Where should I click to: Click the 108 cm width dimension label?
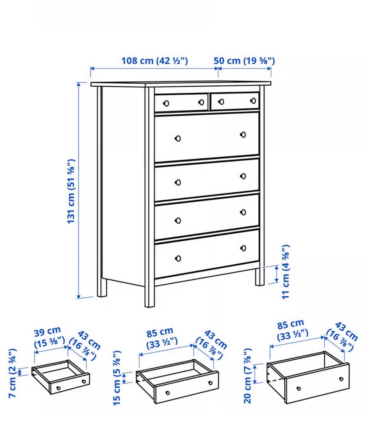pos(155,60)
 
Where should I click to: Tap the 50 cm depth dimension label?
pos(244,60)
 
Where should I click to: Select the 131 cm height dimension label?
pos(71,191)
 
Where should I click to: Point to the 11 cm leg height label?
pos(286,271)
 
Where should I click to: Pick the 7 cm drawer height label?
pos(13,373)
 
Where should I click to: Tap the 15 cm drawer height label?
pos(117,378)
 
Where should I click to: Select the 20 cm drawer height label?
pos(247,376)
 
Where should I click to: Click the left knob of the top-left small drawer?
pos(166,103)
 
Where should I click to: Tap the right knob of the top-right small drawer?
pos(253,100)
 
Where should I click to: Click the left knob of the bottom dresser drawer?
pos(178,259)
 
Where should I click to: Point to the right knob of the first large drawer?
pos(243,135)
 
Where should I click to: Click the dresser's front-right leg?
pos(260,276)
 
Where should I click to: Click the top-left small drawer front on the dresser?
pos(181,103)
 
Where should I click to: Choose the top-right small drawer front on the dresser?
pos(235,101)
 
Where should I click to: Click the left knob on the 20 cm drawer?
pos(299,389)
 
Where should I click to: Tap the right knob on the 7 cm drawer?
pos(84,381)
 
